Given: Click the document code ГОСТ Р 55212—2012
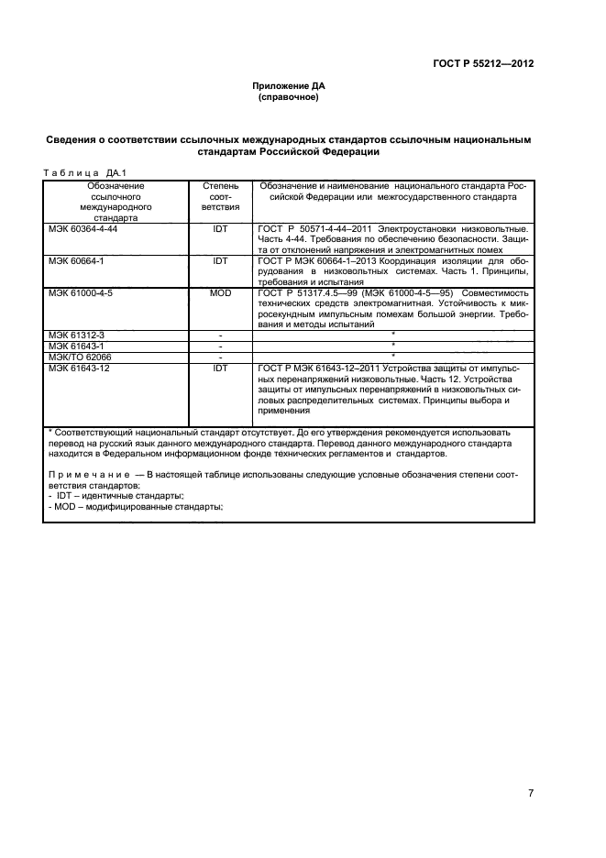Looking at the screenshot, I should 482,64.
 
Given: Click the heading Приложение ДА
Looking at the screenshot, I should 289,86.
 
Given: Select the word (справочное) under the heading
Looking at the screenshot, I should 289,97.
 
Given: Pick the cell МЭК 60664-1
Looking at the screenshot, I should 76,260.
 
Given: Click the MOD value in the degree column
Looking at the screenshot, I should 220,293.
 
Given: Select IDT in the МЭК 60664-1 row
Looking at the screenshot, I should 220,260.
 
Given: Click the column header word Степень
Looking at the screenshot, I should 220,186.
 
